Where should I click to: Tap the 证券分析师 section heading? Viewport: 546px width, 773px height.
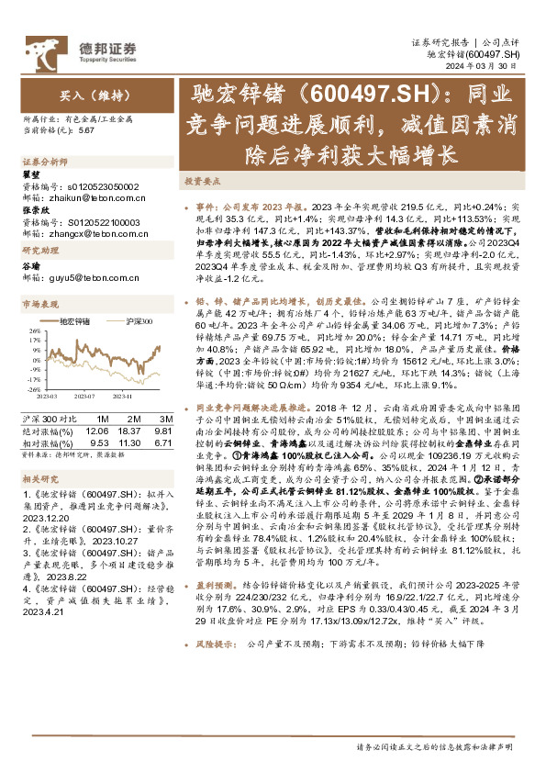pyautogui.click(x=39, y=162)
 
